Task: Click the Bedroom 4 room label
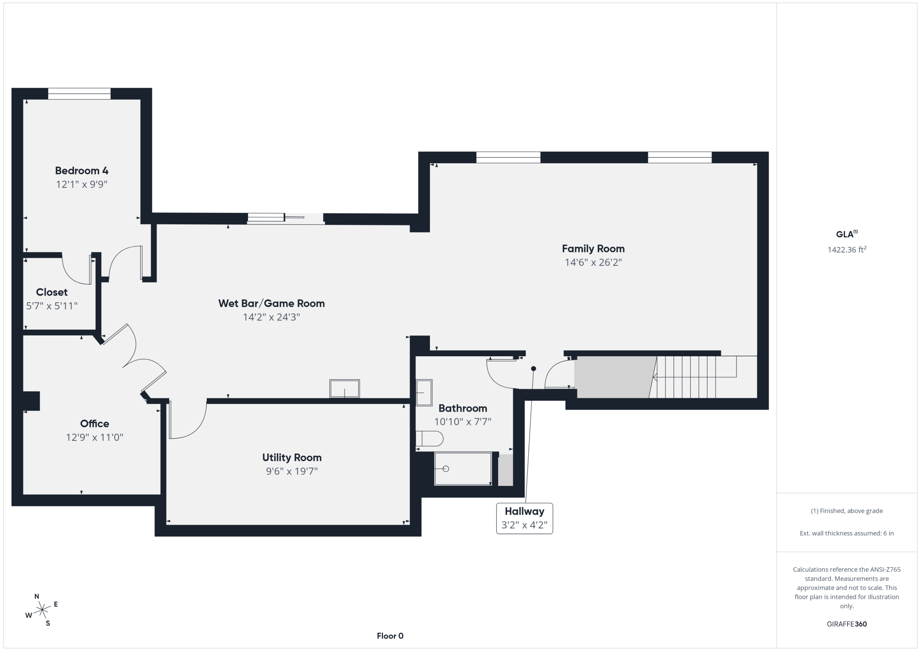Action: (x=81, y=170)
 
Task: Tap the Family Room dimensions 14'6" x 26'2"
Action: (x=593, y=262)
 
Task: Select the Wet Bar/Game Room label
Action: (x=271, y=304)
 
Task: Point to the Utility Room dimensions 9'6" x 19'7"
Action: (x=292, y=471)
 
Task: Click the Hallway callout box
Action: (x=524, y=518)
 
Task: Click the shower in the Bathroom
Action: (x=463, y=469)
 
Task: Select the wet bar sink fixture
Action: (x=344, y=389)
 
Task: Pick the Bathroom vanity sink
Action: (x=424, y=393)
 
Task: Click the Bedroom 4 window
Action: (x=79, y=93)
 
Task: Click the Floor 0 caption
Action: (x=390, y=636)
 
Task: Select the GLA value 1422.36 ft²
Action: (x=847, y=250)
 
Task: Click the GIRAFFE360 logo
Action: (x=847, y=624)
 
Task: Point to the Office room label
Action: (x=94, y=424)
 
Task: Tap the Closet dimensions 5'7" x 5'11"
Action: (x=52, y=306)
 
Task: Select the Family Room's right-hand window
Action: (x=680, y=157)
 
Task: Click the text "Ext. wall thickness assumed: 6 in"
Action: (x=847, y=533)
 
